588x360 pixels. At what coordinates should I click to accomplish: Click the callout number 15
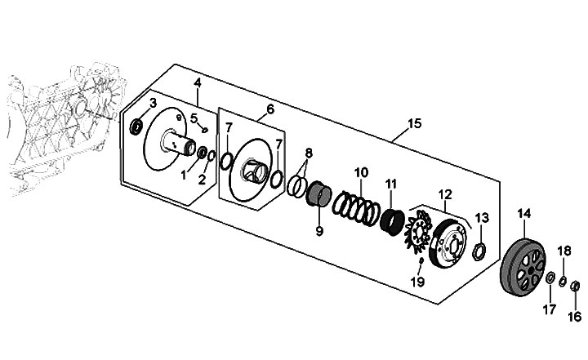coord(414,123)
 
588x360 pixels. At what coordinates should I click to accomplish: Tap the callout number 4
coord(198,83)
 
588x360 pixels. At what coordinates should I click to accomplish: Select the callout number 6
coord(270,109)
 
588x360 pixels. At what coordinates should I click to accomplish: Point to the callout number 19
coord(417,282)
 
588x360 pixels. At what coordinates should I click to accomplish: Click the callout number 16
coord(574,317)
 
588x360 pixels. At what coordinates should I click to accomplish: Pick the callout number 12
coord(446,194)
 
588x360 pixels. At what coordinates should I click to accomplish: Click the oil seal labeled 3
coord(136,127)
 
